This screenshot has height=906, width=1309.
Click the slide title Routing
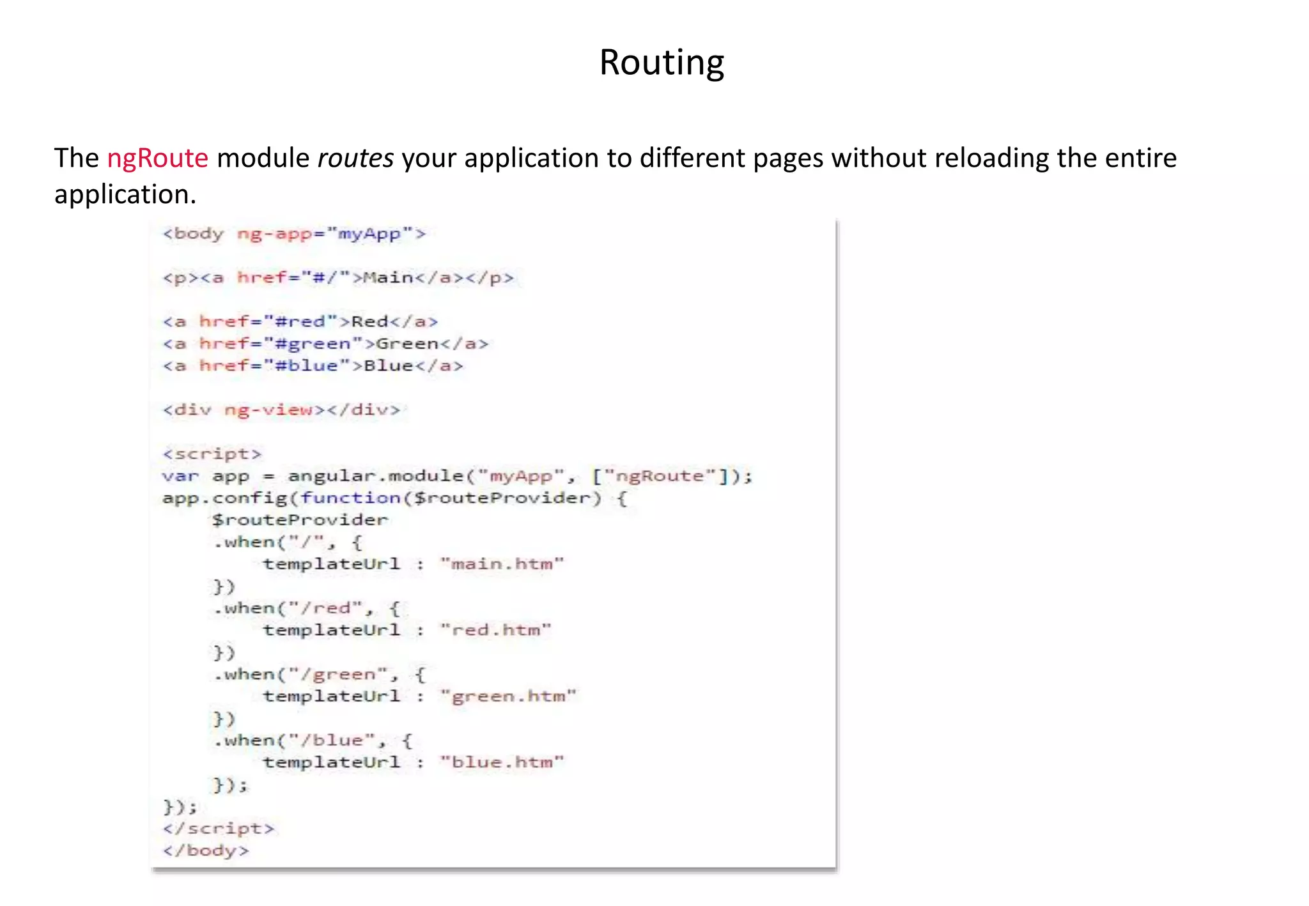pos(662,63)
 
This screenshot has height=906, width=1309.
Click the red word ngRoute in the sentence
pos(157,158)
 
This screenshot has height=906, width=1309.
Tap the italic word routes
pos(355,158)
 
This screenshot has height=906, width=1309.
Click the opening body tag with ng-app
pos(294,234)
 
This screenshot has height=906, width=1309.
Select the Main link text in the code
pos(389,278)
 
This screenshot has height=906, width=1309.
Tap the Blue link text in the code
pos(388,365)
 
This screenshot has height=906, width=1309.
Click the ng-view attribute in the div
pos(268,410)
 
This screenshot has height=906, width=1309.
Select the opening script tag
pos(212,454)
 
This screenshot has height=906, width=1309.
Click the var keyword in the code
pos(180,476)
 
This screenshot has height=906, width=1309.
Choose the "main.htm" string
pos(502,564)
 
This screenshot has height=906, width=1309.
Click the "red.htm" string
pos(495,630)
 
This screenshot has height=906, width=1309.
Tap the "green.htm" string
pos(508,696)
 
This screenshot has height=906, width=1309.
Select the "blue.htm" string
pos(502,762)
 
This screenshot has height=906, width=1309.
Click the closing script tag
pos(219,829)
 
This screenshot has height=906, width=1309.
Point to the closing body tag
pos(206,850)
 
